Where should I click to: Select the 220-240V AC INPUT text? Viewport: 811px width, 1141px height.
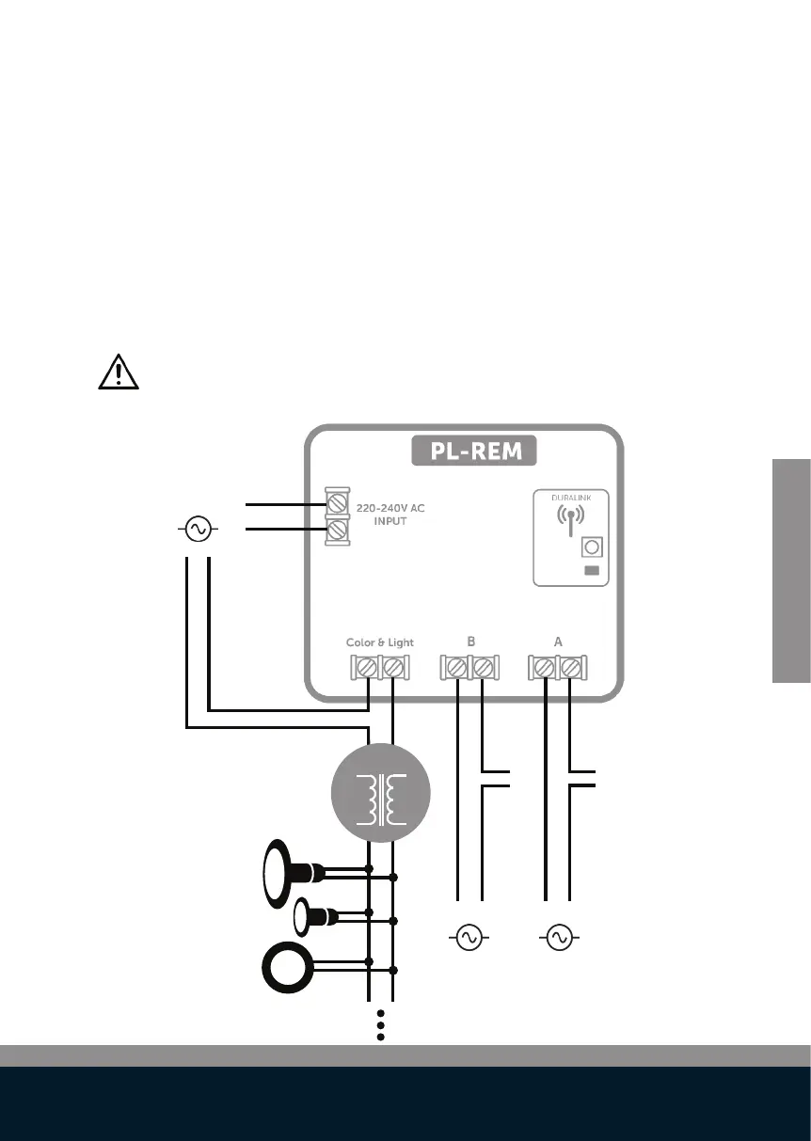390,514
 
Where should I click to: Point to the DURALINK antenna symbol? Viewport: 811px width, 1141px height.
570,518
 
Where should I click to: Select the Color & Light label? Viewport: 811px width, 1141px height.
380,642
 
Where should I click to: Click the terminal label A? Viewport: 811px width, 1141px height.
557,642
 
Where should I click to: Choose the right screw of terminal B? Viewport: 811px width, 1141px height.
484,668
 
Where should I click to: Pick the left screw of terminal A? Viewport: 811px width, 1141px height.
544,668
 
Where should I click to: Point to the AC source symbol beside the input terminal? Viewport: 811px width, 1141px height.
198,529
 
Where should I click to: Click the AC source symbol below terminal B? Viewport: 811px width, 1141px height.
469,937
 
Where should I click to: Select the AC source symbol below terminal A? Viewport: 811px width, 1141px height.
559,937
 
